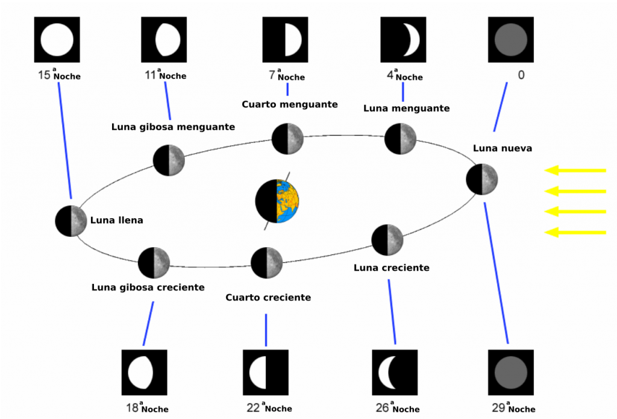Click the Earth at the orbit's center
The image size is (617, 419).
[277, 201]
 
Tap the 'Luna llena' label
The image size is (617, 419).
[117, 220]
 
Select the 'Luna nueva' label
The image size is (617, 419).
[502, 148]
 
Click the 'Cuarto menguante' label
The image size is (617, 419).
[289, 104]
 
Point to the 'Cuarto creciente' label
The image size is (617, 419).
[268, 297]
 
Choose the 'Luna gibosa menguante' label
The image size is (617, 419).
[173, 127]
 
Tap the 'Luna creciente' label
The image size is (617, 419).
[391, 268]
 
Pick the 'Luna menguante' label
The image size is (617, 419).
[406, 109]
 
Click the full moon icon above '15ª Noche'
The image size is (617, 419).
[57, 39]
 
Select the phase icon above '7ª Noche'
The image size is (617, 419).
[285, 39]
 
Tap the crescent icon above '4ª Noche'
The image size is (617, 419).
[403, 39]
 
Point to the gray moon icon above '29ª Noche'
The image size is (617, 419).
[510, 372]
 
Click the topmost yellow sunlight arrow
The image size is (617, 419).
[575, 171]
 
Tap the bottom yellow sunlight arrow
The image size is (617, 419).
[575, 232]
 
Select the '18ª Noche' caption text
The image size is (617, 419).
[147, 409]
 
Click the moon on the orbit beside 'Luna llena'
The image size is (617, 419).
[71, 221]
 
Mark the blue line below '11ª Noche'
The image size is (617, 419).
[168, 100]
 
